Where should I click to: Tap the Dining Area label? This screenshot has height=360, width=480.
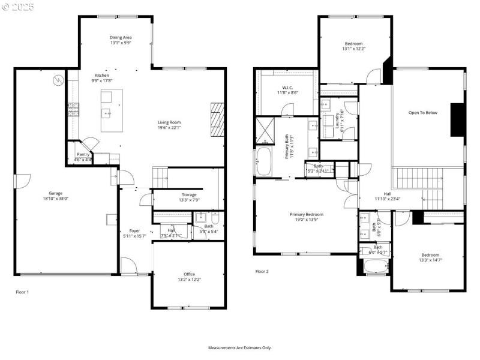pos(121,37)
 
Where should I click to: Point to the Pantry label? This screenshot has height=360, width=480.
pos(83,154)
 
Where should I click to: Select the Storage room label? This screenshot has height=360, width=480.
pos(189,194)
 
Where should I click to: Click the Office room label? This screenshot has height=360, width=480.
pos(188,274)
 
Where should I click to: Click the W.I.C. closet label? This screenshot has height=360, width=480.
pos(284,87)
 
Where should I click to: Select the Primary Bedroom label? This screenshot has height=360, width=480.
pos(307,214)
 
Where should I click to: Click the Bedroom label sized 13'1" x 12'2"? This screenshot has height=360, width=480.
pos(353,44)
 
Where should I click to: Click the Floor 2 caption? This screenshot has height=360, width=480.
pos(262,272)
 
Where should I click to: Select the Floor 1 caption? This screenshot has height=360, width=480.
pos(22,292)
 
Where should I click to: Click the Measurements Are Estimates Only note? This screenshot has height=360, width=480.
pos(240,347)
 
